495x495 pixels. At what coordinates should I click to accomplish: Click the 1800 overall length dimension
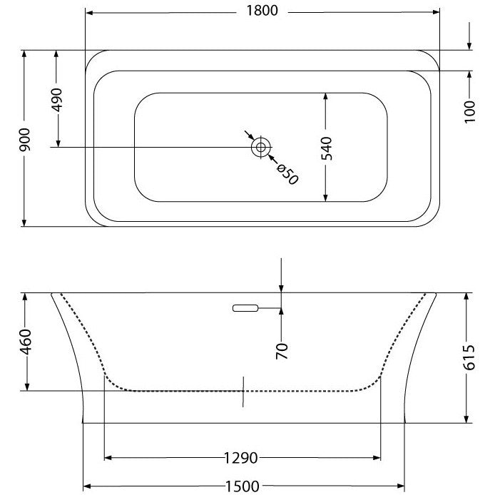262,11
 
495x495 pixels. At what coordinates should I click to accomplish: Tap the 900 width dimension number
25,139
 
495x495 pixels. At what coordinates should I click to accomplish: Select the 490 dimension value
57,100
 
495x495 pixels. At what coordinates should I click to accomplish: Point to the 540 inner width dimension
327,148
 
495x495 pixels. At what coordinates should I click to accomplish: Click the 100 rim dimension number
470,112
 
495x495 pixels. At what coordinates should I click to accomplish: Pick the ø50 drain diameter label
287,175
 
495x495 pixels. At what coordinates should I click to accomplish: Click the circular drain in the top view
261,147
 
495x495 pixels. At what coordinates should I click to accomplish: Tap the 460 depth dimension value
26,342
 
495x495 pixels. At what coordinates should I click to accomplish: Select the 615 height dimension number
469,357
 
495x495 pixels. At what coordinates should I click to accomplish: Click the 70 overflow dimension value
282,351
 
